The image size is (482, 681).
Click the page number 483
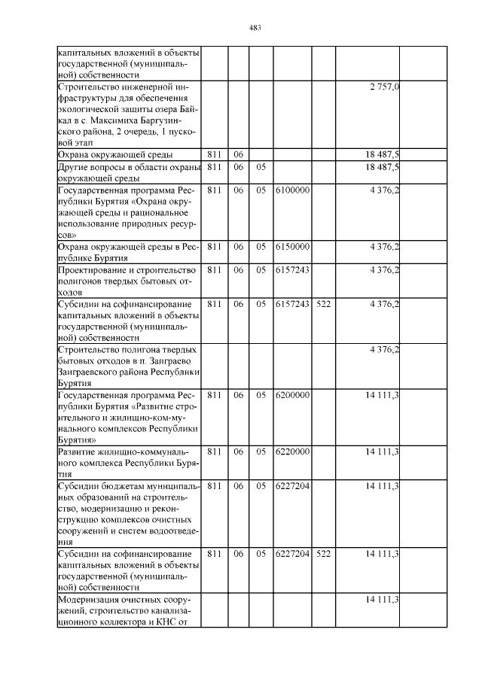click(x=255, y=29)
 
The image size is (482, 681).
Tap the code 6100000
click(x=293, y=190)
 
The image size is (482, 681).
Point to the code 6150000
click(x=293, y=246)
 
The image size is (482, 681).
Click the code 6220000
click(x=293, y=451)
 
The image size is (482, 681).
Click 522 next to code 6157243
click(x=324, y=303)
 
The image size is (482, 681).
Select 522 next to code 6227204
click(x=324, y=553)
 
